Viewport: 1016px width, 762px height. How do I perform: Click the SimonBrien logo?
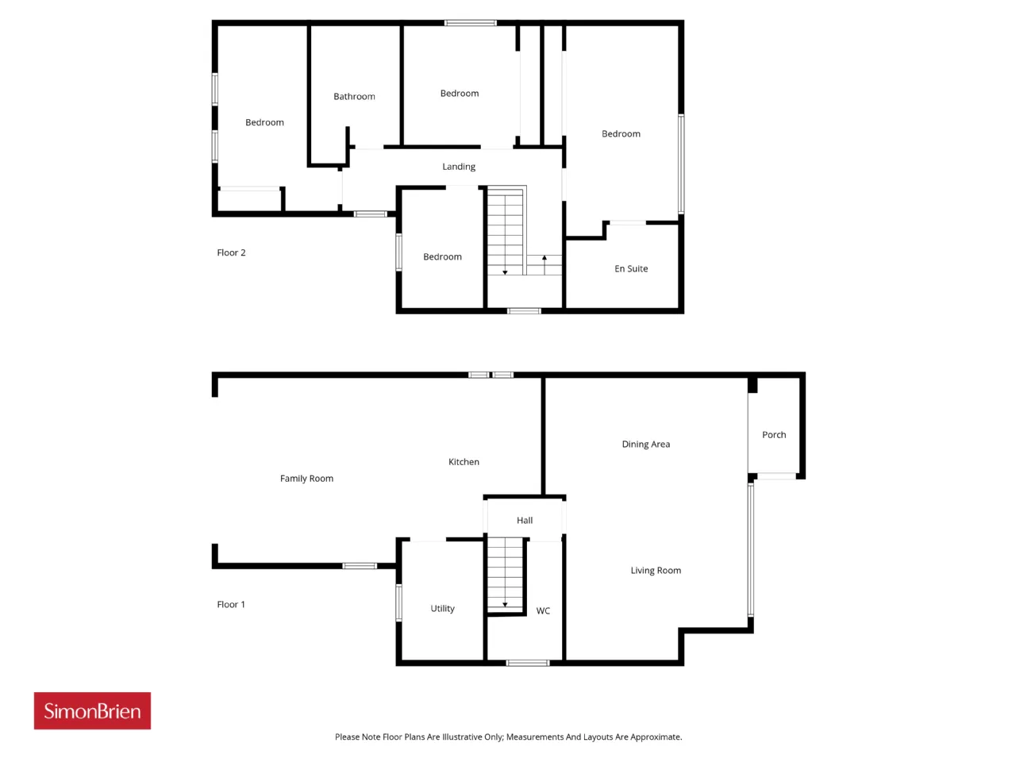(92, 710)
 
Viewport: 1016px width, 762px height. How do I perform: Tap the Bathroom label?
(354, 96)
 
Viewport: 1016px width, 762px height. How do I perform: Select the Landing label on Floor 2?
(459, 167)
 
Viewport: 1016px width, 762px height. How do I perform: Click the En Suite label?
(631, 268)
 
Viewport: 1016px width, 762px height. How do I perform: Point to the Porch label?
(774, 434)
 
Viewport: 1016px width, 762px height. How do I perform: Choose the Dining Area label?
(645, 444)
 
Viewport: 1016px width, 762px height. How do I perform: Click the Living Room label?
(656, 571)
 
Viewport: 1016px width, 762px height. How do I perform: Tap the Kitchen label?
(464, 462)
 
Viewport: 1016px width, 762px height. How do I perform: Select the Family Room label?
(306, 479)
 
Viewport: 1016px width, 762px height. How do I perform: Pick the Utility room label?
(442, 608)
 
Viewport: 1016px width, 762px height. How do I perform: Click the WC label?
(543, 610)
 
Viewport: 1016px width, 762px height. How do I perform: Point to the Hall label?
(525, 520)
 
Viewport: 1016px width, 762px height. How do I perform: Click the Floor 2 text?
(231, 252)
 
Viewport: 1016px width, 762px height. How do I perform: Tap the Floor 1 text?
(231, 604)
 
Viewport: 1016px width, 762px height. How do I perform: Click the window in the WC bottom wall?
(528, 663)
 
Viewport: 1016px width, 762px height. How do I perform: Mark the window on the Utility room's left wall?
(398, 602)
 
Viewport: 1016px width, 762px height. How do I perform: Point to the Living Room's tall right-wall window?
(751, 549)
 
